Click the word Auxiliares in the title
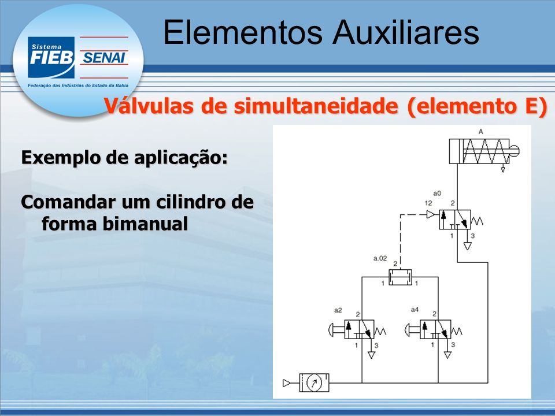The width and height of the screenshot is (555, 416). [406, 32]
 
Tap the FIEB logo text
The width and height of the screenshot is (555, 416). [51, 58]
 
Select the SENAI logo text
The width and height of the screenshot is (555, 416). [103, 58]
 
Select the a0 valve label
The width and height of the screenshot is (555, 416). [437, 194]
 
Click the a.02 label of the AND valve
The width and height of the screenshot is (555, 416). [380, 259]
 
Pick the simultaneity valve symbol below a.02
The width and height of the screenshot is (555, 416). [400, 277]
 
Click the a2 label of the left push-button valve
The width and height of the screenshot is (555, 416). [338, 310]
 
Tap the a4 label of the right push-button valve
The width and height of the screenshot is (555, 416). [415, 310]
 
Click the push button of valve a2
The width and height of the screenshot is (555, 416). [333, 330]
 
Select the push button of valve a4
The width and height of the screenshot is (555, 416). [409, 330]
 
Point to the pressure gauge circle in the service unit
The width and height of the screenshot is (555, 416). [313, 382]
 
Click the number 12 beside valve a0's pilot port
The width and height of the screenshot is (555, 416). [428, 203]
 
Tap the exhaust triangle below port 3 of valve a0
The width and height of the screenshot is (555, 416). [468, 246]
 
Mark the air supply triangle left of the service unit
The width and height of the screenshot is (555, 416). [287, 382]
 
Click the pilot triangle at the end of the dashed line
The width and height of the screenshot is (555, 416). [431, 214]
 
